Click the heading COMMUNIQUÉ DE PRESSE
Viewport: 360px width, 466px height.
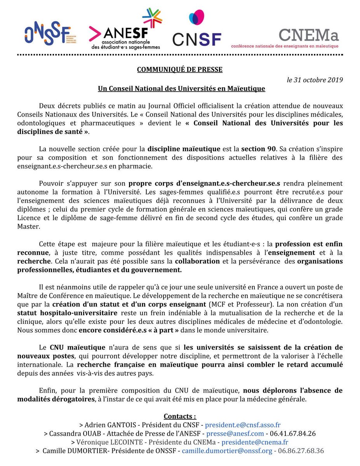tap(179, 70)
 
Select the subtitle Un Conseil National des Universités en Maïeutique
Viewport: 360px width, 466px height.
tap(181, 89)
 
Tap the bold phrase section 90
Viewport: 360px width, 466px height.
tap(258, 149)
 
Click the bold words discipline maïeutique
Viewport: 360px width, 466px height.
tap(184, 149)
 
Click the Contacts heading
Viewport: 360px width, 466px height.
tap(180, 416)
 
